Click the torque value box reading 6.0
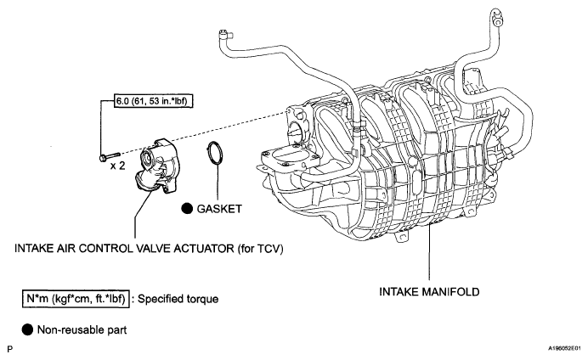click(153, 101)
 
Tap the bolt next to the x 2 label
click(110, 156)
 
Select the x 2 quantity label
click(117, 166)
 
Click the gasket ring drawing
click(215, 153)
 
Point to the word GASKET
click(219, 209)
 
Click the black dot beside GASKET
click(187, 209)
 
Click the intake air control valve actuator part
click(158, 166)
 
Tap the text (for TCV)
click(260, 249)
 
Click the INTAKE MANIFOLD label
click(429, 292)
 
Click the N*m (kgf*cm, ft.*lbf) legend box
click(76, 299)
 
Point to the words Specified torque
click(178, 299)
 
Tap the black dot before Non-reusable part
click(27, 329)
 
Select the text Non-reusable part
click(82, 330)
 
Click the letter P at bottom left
click(10, 350)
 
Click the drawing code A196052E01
click(564, 348)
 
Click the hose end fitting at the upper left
click(223, 35)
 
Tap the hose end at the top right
click(495, 17)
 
